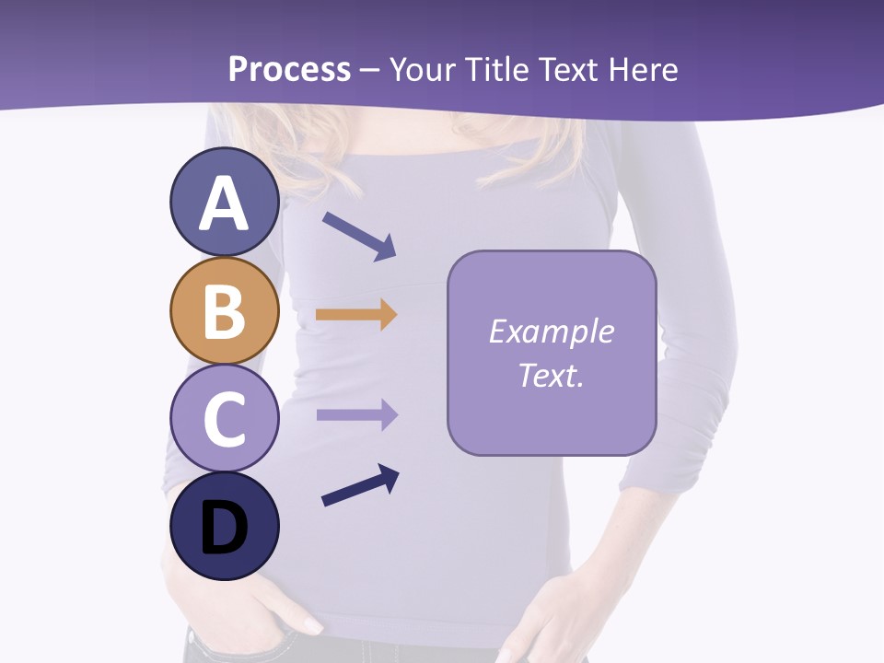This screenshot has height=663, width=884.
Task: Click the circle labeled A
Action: (224, 202)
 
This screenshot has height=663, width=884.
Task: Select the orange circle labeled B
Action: (224, 310)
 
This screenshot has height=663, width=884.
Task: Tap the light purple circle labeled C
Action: (224, 418)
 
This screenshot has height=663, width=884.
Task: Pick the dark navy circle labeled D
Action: (224, 526)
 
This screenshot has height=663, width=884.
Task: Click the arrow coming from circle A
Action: (359, 236)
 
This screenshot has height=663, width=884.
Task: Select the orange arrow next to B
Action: (355, 315)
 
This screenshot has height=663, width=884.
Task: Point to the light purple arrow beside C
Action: (356, 414)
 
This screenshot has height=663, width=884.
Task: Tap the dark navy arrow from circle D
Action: (360, 486)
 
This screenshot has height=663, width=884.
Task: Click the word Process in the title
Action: (289, 69)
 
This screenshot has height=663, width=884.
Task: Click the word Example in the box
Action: (551, 331)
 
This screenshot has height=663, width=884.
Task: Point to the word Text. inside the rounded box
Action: (551, 375)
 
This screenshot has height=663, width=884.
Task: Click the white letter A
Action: (224, 204)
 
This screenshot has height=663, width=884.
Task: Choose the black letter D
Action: (224, 528)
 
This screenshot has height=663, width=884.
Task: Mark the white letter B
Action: (224, 311)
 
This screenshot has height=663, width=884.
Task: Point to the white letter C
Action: (224, 419)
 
